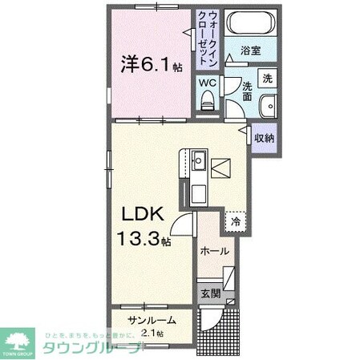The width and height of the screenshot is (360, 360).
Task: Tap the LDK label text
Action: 144,214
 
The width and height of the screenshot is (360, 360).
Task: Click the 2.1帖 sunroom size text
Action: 152,333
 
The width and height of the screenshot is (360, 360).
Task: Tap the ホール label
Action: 215,251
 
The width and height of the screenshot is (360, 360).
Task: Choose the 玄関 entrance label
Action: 210,293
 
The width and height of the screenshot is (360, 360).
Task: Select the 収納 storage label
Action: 265,138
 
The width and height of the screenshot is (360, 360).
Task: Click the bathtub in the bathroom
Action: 249,24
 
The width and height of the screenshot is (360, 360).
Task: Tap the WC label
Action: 207,81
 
